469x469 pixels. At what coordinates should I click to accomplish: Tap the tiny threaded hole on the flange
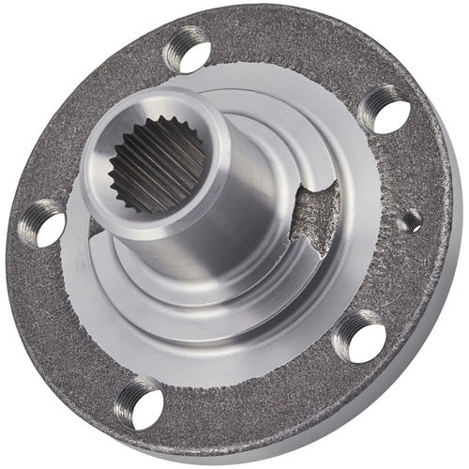[x=411, y=221]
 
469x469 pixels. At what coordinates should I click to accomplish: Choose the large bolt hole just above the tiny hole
[x=385, y=110]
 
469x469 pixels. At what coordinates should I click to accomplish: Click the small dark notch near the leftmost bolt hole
[x=95, y=225]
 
